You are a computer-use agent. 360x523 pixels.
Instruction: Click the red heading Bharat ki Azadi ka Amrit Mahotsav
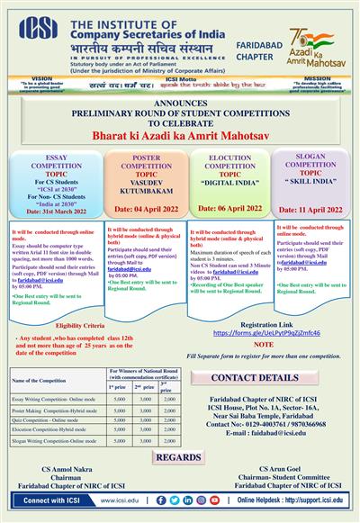[179, 140]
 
